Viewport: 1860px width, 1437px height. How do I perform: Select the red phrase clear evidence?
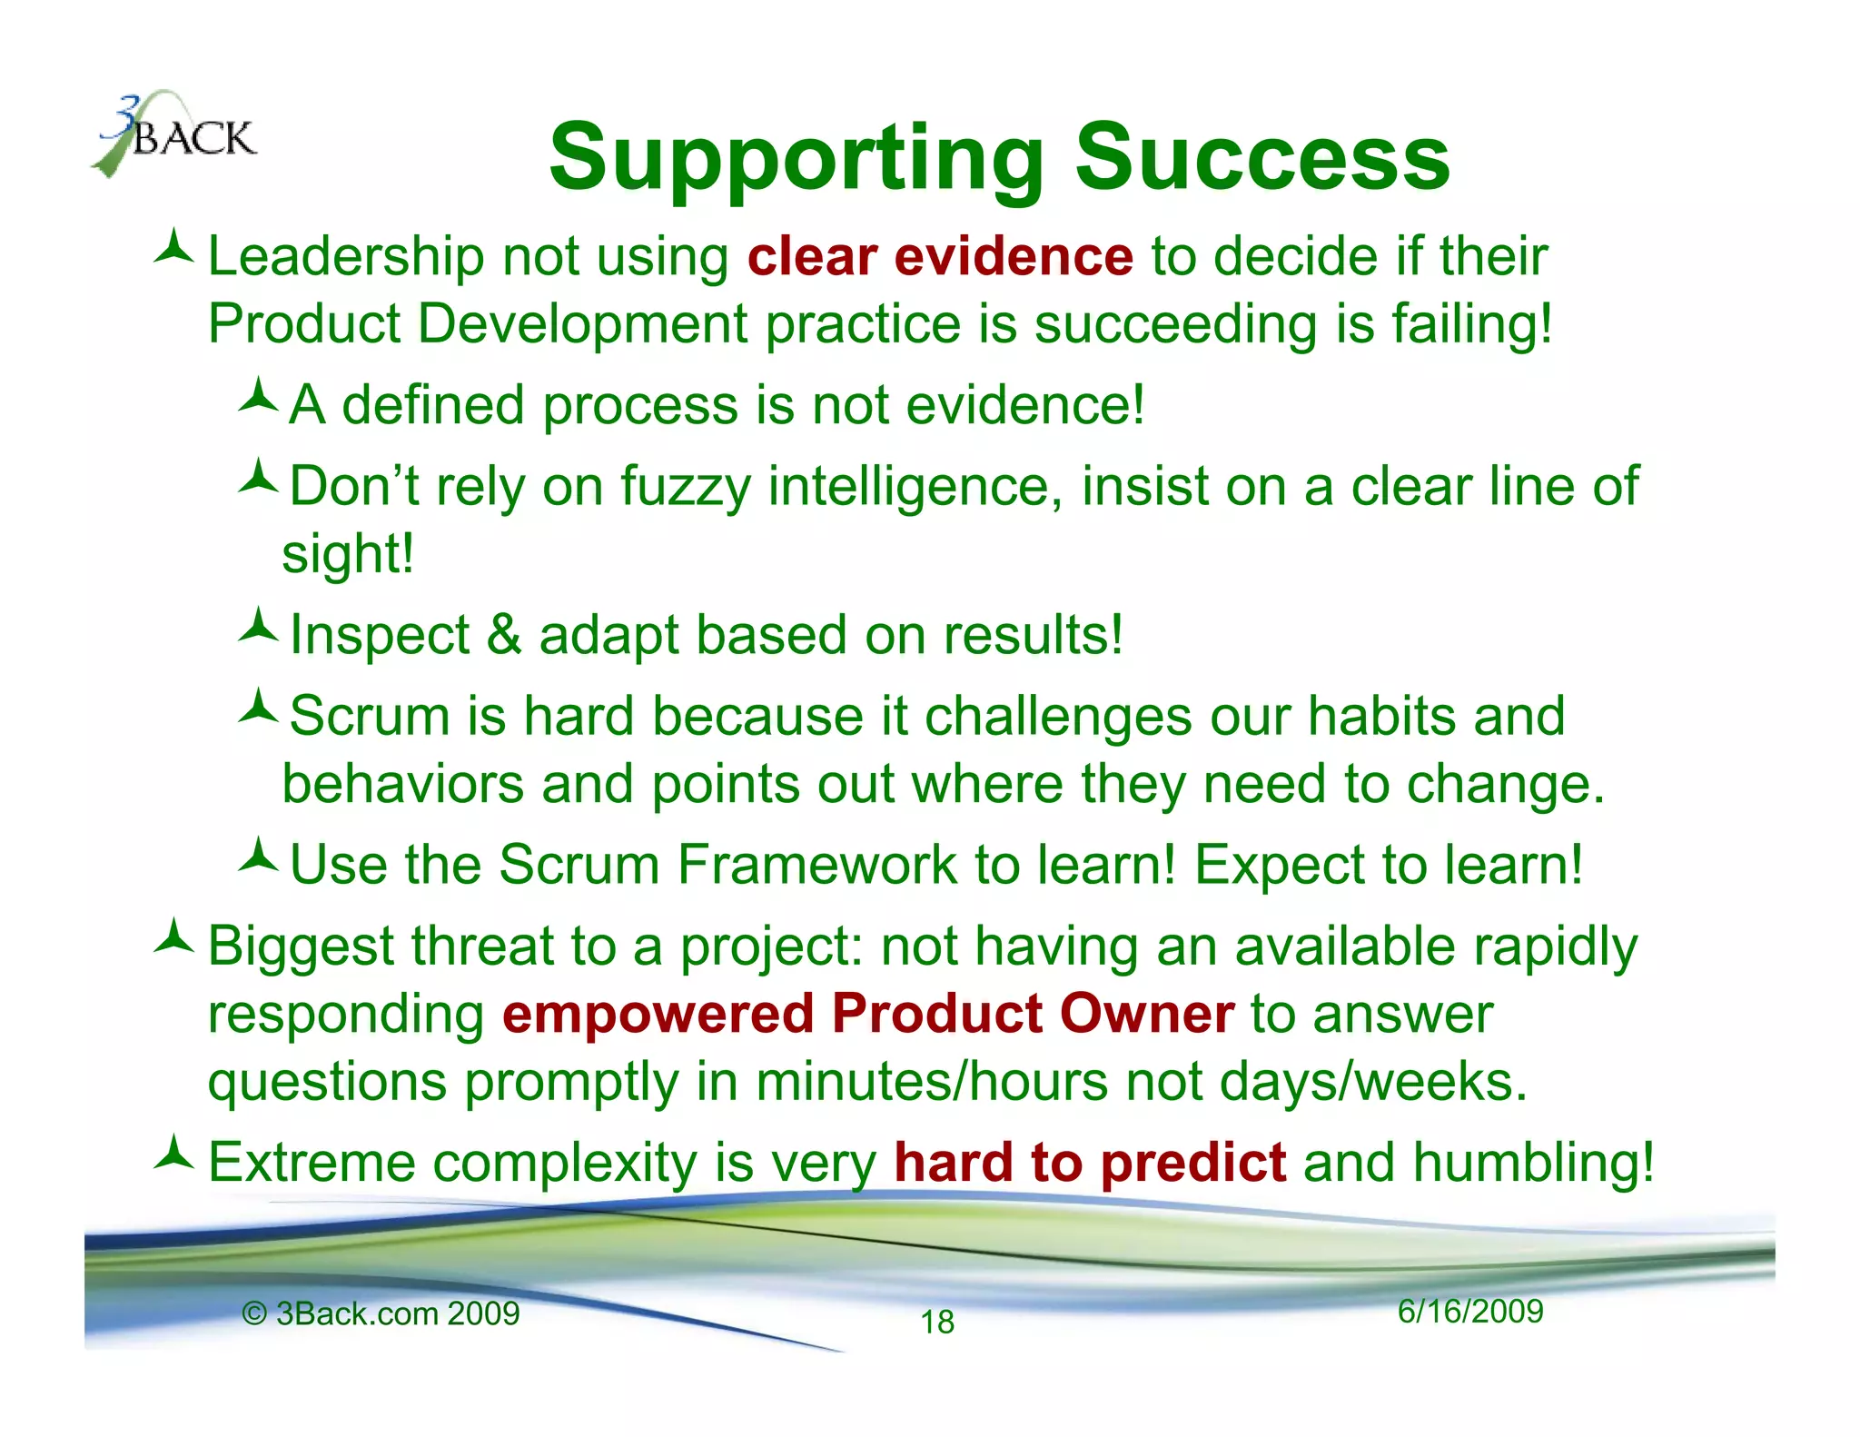pyautogui.click(x=940, y=256)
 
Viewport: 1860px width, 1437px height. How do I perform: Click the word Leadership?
pyautogui.click(x=346, y=256)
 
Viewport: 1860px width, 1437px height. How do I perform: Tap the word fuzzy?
pyautogui.click(x=685, y=487)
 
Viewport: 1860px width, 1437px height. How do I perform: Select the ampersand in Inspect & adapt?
pyautogui.click(x=504, y=634)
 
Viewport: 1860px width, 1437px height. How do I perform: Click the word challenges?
pyautogui.click(x=1057, y=717)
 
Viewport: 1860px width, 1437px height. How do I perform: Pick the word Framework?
pyautogui.click(x=816, y=865)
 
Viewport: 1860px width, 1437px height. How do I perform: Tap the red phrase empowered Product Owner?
pyautogui.click(x=867, y=1015)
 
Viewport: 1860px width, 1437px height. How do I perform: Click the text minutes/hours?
pyautogui.click(x=931, y=1083)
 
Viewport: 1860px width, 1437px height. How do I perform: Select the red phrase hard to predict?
pyautogui.click(x=1089, y=1164)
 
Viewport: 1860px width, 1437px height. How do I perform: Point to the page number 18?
pyautogui.click(x=937, y=1323)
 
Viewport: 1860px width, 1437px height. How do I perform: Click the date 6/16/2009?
pyautogui.click(x=1469, y=1312)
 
